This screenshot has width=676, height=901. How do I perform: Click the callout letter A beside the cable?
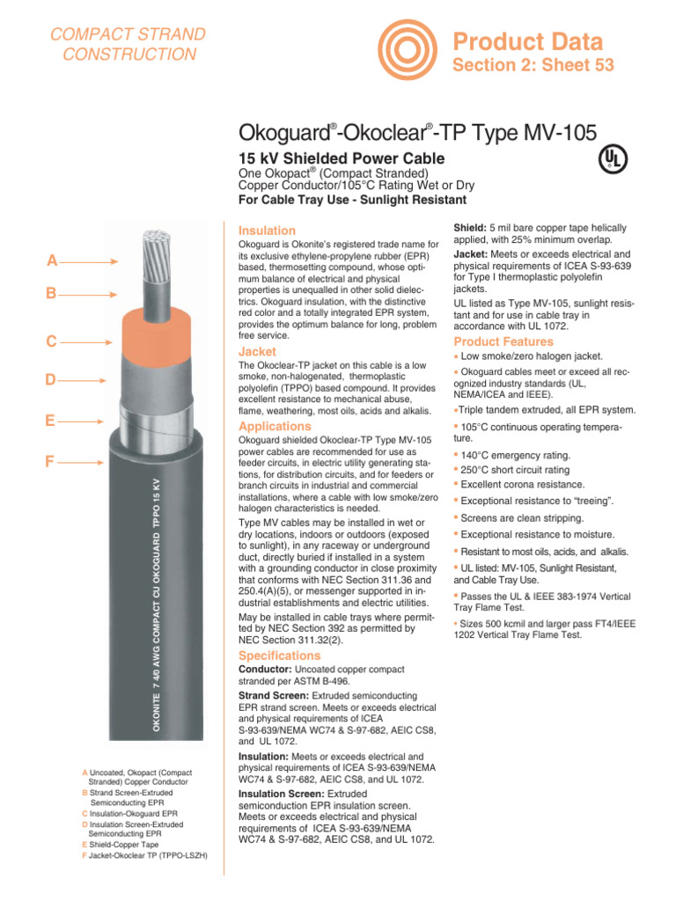[53, 260]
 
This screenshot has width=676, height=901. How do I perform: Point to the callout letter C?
[53, 341]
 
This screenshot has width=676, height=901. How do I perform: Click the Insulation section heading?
[268, 231]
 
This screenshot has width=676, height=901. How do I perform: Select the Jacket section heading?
[258, 351]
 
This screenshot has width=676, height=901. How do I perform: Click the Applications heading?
[275, 427]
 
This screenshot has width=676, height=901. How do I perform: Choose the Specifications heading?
[280, 656]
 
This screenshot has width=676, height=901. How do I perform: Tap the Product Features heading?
[503, 341]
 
